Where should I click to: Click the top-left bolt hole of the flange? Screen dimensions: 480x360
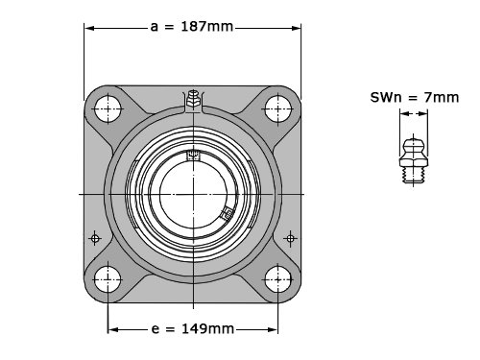coord(108,108)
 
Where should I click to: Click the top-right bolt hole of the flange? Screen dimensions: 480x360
coord(277,108)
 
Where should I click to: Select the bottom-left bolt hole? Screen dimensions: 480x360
coord(108,279)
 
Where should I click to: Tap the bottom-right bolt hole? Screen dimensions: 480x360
coord(277,279)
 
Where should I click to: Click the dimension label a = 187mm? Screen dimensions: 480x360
coord(192,27)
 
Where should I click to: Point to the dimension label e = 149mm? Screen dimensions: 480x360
coord(192,328)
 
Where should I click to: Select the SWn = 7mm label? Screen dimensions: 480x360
coord(415,97)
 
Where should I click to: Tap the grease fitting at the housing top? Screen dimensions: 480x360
coord(193,100)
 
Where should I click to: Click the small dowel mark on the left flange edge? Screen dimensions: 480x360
coord(95,238)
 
